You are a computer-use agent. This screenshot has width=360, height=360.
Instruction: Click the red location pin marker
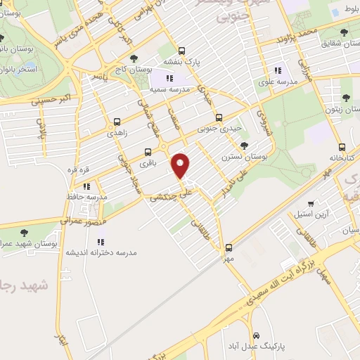[181, 165]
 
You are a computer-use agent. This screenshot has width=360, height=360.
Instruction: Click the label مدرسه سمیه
[167, 90]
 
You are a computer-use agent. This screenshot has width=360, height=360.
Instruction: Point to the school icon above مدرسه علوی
[278, 70]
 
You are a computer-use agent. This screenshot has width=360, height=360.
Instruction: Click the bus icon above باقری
[148, 151]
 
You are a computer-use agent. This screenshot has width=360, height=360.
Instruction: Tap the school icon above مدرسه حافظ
[86, 186]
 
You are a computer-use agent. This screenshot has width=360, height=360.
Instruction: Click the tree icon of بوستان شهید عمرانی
[25, 232]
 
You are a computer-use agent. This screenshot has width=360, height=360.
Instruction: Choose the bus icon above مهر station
[229, 247]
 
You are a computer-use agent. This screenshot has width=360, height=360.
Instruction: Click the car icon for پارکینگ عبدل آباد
[257, 335]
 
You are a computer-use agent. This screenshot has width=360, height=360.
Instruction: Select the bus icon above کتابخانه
[342, 148]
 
